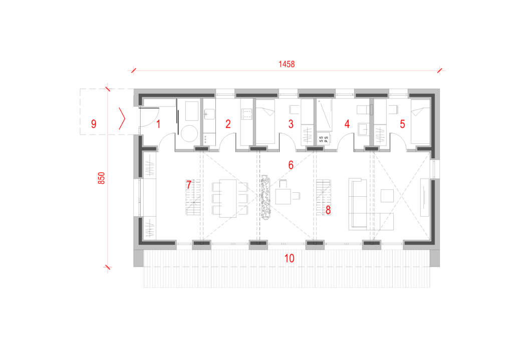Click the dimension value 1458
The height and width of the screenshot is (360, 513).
(x=287, y=64)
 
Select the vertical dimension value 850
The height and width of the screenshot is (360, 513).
(x=101, y=178)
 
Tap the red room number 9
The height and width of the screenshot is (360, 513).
(x=94, y=124)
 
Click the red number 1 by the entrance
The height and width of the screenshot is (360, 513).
(x=158, y=124)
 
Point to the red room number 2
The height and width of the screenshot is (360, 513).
(x=228, y=124)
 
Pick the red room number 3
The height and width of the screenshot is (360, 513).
(x=291, y=124)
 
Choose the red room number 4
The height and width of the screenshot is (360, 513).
(x=347, y=124)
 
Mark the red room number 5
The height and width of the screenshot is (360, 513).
(x=402, y=124)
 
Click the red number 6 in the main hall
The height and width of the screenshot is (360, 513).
(x=291, y=165)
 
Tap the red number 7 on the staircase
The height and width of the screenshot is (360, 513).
(x=189, y=185)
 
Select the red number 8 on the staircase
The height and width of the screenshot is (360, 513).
(x=328, y=210)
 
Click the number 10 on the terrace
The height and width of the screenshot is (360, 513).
(x=289, y=258)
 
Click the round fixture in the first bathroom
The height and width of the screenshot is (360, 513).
(x=189, y=133)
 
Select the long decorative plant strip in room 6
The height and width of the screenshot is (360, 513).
(x=266, y=197)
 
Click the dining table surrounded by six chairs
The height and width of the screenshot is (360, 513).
(x=228, y=198)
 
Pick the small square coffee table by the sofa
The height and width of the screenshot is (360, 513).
(x=387, y=196)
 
